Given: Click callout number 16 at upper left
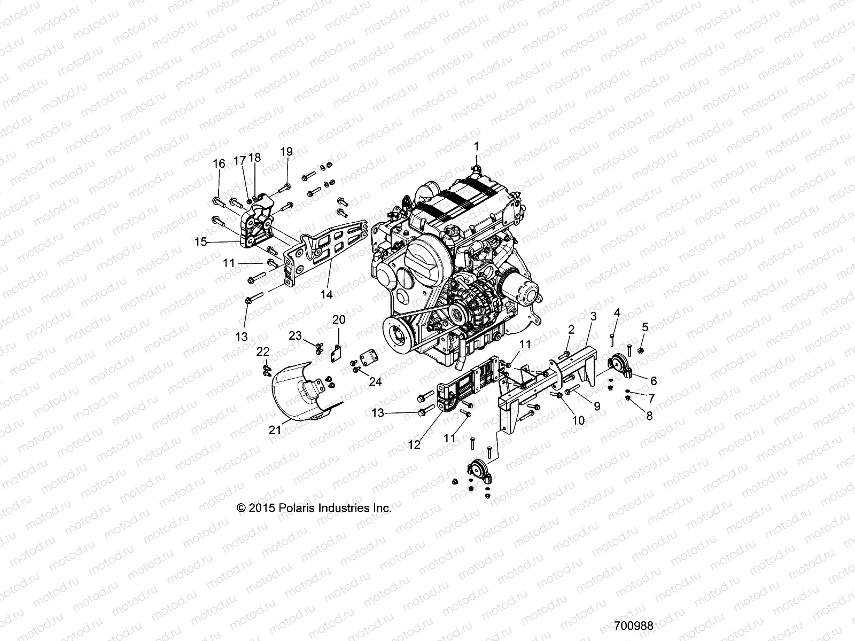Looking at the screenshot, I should (x=219, y=163).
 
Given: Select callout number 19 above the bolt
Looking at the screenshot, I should (x=286, y=151).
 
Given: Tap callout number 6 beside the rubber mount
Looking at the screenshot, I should (x=653, y=380).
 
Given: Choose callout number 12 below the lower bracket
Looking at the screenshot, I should (x=415, y=444).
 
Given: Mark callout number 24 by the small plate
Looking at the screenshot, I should (x=375, y=381).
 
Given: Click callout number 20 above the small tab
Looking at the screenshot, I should (x=339, y=319).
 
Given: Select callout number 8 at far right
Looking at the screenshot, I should (x=649, y=416).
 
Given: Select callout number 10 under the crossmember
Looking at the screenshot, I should (x=578, y=420).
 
